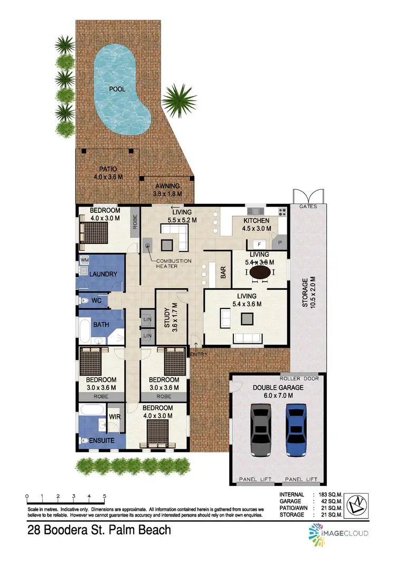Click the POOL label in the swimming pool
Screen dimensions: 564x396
pos(117,89)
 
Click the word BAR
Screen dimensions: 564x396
pos(223,272)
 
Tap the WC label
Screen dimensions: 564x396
pos(97,300)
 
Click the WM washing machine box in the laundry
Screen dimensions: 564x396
pos(84,261)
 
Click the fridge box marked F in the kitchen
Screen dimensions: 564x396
pos(259,244)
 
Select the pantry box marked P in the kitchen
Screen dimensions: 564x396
pos(279,244)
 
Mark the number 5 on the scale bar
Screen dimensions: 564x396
pos(105,496)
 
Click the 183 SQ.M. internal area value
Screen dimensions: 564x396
pos(330,494)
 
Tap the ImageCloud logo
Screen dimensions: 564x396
pos(338,533)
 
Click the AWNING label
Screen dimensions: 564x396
pos(167,186)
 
